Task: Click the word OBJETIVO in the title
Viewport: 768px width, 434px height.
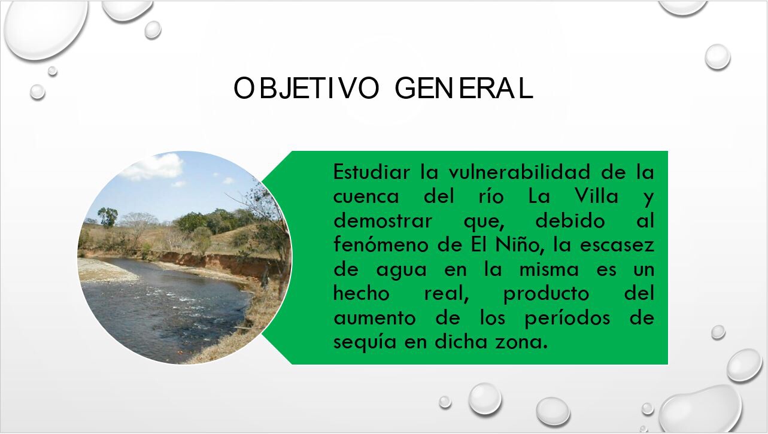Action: (x=306, y=88)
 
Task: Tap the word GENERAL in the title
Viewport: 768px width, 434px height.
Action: (x=464, y=88)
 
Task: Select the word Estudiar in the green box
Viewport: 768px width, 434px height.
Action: (x=372, y=171)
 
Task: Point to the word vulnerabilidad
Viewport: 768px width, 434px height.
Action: (x=519, y=171)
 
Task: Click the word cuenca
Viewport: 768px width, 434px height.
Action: (x=366, y=196)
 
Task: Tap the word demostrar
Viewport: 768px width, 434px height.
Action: (x=383, y=220)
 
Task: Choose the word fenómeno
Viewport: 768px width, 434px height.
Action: (x=381, y=245)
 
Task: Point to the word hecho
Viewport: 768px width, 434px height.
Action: (x=362, y=293)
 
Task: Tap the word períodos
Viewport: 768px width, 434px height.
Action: (x=567, y=318)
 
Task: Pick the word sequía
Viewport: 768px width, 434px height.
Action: (x=365, y=342)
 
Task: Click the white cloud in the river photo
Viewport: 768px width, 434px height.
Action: (x=153, y=166)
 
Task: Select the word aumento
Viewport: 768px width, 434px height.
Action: (x=375, y=318)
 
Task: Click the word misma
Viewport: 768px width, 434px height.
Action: (x=549, y=269)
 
